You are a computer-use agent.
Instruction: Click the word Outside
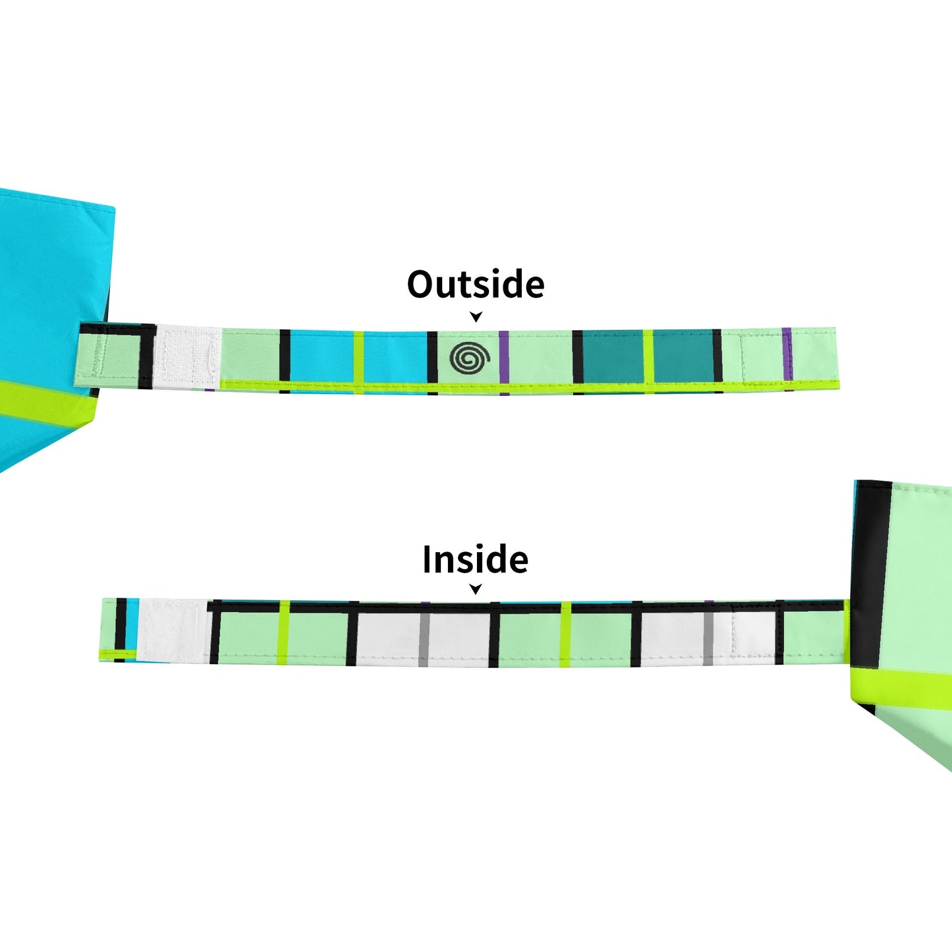click(476, 285)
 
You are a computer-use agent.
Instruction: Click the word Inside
click(475, 560)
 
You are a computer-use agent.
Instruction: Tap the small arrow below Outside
click(476, 317)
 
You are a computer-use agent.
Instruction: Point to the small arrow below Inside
click(476, 589)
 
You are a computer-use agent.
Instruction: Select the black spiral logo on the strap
click(470, 358)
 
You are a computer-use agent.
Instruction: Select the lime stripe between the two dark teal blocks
click(648, 356)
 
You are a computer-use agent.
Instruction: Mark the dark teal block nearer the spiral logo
click(613, 356)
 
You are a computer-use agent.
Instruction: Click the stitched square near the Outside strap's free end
click(761, 356)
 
